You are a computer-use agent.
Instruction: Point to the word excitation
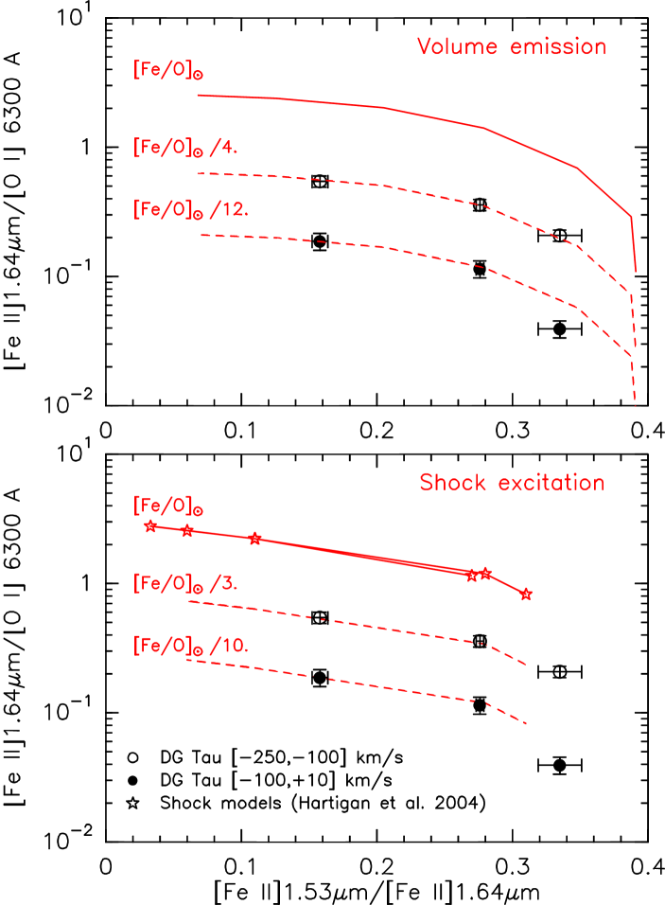pos(551,483)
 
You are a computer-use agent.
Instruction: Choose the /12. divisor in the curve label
pos(229,209)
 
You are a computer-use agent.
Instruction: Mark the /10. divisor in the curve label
pos(229,646)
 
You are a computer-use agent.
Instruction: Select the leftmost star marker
pos(150,526)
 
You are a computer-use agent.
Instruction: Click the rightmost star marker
pos(527,594)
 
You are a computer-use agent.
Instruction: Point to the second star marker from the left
pos(187,531)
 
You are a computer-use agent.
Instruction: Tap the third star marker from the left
pos(254,539)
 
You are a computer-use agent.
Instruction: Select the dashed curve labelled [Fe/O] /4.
pos(378,186)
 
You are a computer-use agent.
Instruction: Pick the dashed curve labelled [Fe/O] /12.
pos(378,247)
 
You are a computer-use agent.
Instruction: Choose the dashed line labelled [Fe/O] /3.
pos(378,628)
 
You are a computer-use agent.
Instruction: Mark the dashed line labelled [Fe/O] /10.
pos(378,686)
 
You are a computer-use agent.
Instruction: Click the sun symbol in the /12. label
pos(199,215)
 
